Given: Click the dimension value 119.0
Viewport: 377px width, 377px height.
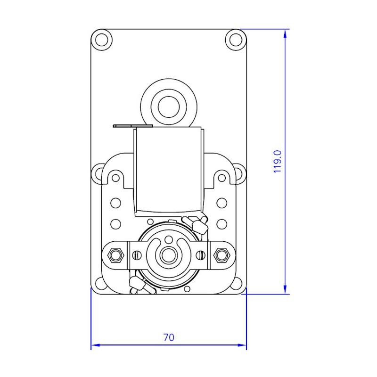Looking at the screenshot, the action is click(x=278, y=162).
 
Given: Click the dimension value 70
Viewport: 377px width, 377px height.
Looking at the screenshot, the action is click(x=169, y=337).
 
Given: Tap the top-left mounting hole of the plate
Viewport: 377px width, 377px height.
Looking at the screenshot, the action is click(x=102, y=40).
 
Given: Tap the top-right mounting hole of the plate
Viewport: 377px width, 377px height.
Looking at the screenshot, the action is click(x=236, y=40).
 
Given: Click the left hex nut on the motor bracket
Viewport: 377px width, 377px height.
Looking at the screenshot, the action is click(x=115, y=254).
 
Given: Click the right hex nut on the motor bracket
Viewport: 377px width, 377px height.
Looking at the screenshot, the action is click(x=221, y=254).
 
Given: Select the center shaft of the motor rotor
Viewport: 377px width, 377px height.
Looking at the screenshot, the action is click(x=169, y=255).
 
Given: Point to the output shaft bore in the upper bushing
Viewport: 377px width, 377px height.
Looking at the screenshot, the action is click(x=169, y=107).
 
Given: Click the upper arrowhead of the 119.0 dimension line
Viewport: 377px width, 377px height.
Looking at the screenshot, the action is click(x=285, y=34).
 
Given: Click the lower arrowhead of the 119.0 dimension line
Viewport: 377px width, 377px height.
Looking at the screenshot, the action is click(x=285, y=289).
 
